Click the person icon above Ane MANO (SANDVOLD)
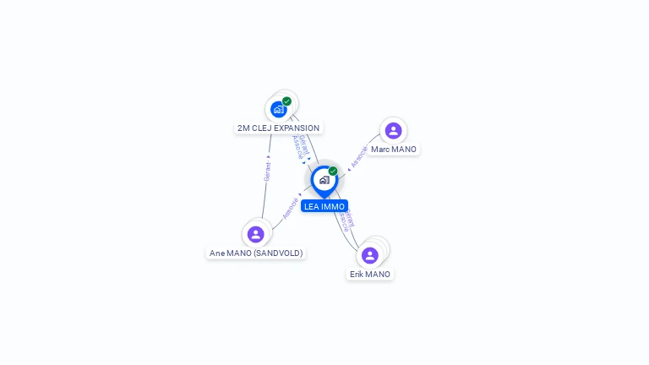pos(256,234)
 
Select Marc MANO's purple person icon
pos(393,130)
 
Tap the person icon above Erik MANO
pos(369,255)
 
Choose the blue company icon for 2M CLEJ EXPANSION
pos(278,109)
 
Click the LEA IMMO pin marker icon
pos(324,181)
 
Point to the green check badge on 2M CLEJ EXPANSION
pos(287,101)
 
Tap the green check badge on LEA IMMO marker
pos(333,171)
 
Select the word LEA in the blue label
pos(312,206)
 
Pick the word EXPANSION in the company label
pos(297,128)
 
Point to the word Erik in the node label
pos(358,275)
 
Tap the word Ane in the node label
pos(217,253)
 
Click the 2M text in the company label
pos(243,128)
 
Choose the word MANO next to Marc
pos(405,150)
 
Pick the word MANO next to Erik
pos(379,275)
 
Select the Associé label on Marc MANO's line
pos(359,157)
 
